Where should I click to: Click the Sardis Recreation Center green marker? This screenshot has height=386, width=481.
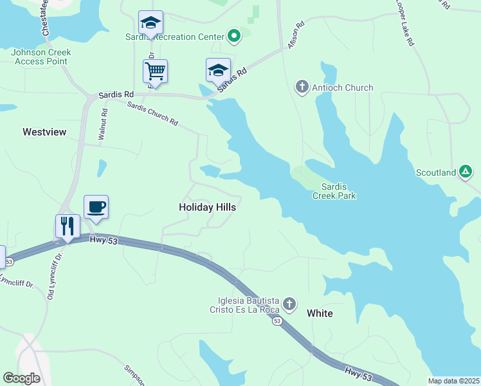(234, 37)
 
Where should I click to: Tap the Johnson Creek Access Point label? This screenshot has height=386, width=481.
(41, 57)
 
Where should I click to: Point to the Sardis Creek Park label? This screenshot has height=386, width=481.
(334, 191)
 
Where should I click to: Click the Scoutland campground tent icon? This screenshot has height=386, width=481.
(466, 172)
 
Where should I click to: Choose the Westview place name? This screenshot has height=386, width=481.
(44, 132)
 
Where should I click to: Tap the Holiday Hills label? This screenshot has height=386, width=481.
(206, 208)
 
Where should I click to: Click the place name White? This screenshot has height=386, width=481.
(320, 313)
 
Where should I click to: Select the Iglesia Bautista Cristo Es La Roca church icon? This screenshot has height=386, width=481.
(289, 304)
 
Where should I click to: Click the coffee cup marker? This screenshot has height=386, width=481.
(96, 207)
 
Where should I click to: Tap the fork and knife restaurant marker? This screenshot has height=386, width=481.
(68, 226)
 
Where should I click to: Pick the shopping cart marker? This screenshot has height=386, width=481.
(155, 71)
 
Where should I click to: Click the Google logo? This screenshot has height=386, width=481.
(21, 378)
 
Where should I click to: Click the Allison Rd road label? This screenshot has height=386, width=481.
(295, 40)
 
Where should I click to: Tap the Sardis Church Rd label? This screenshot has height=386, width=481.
(152, 113)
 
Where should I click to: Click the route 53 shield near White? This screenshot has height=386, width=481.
(277, 321)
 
